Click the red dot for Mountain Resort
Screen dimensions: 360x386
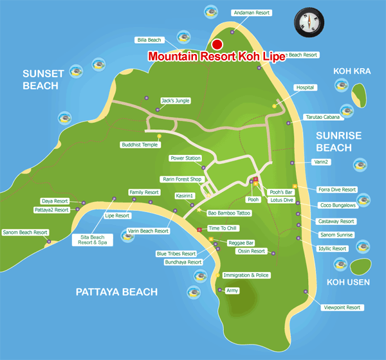(217, 44)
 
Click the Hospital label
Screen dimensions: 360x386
(306, 87)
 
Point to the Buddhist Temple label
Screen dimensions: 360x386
(140, 145)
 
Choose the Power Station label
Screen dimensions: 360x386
(185, 158)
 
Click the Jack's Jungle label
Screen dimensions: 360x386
(174, 100)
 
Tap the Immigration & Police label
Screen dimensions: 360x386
(246, 275)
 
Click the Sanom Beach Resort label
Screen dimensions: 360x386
(25, 232)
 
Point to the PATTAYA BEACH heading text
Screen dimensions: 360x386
(116, 292)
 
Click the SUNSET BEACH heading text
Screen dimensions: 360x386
(43, 79)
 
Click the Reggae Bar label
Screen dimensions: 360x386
(241, 243)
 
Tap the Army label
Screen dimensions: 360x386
(232, 291)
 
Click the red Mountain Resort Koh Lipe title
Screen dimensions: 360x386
(216, 56)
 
